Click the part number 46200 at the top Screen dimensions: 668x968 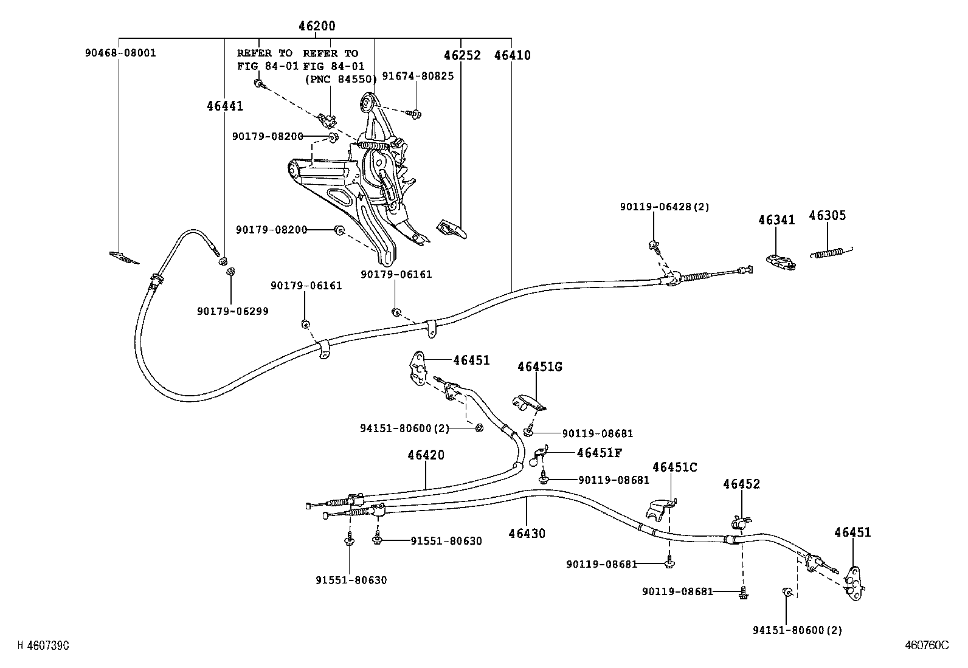pyautogui.click(x=317, y=26)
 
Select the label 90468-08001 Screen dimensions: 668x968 pyautogui.click(x=120, y=53)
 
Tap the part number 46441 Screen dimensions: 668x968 pyautogui.click(x=224, y=106)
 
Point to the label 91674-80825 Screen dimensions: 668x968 pyautogui.click(x=418, y=77)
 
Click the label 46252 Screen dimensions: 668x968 pyautogui.click(x=462, y=55)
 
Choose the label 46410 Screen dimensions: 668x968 pyautogui.click(x=512, y=55)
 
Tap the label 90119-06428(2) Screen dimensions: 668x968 pyautogui.click(x=665, y=207)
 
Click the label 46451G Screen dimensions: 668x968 pyautogui.click(x=540, y=367)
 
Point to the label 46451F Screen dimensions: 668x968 pyautogui.click(x=599, y=452)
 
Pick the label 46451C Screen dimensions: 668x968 pyautogui.click(x=675, y=467)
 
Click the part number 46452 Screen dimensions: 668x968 pyautogui.click(x=741, y=484)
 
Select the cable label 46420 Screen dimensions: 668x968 pyautogui.click(x=426, y=455)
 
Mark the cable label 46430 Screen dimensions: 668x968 pyautogui.click(x=527, y=534)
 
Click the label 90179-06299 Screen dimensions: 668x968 pyautogui.click(x=232, y=311)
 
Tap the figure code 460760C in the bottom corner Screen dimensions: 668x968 pyautogui.click(x=926, y=646)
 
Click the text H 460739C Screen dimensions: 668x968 pyautogui.click(x=43, y=646)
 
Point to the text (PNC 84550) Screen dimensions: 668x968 pyautogui.click(x=341, y=78)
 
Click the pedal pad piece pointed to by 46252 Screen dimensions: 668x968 pyautogui.click(x=451, y=229)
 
